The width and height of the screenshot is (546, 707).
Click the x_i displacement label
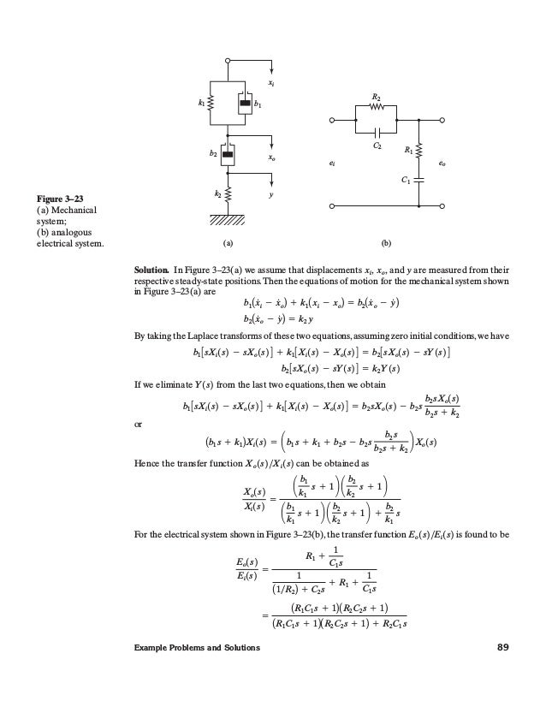(272, 83)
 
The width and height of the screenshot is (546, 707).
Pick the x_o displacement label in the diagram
(272, 157)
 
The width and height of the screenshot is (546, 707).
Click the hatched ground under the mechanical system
(228, 217)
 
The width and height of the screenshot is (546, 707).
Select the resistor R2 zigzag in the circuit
(377, 109)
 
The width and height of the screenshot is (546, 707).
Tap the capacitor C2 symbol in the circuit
(377, 133)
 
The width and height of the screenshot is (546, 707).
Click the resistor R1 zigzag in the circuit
(419, 152)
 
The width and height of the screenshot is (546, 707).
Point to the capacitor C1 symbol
(419, 181)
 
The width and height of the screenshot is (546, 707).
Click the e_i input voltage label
(332, 161)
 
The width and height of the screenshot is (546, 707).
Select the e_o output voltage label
(442, 161)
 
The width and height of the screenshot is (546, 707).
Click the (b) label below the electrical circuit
(386, 242)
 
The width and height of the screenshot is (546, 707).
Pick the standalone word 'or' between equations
(139, 424)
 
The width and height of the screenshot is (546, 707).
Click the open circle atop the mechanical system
(228, 61)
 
